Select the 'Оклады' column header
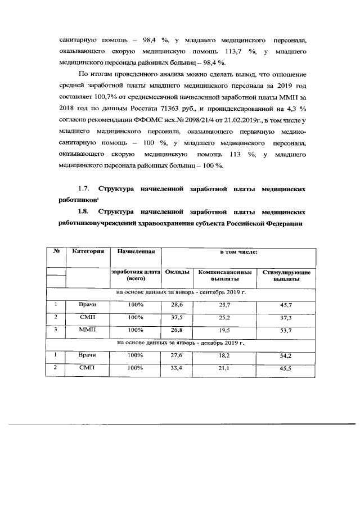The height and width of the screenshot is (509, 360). pos(177,272)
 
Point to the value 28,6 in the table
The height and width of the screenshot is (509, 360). pos(177,304)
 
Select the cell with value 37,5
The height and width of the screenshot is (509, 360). pos(177,317)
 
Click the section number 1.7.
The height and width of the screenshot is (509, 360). pos(83,189)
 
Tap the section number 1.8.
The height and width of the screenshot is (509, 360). pos(83,213)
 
